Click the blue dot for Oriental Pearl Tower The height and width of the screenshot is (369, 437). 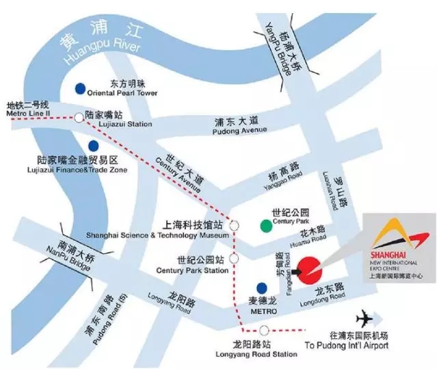tap(81, 88)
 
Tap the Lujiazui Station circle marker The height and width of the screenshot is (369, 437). tap(79, 117)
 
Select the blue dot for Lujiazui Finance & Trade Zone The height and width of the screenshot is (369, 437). tap(93, 146)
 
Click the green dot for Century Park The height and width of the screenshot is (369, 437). tap(264, 225)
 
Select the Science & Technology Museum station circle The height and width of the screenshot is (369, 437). tap(235, 225)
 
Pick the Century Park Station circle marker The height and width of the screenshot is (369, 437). tap(235, 259)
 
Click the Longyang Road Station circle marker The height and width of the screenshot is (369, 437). tap(263, 331)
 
